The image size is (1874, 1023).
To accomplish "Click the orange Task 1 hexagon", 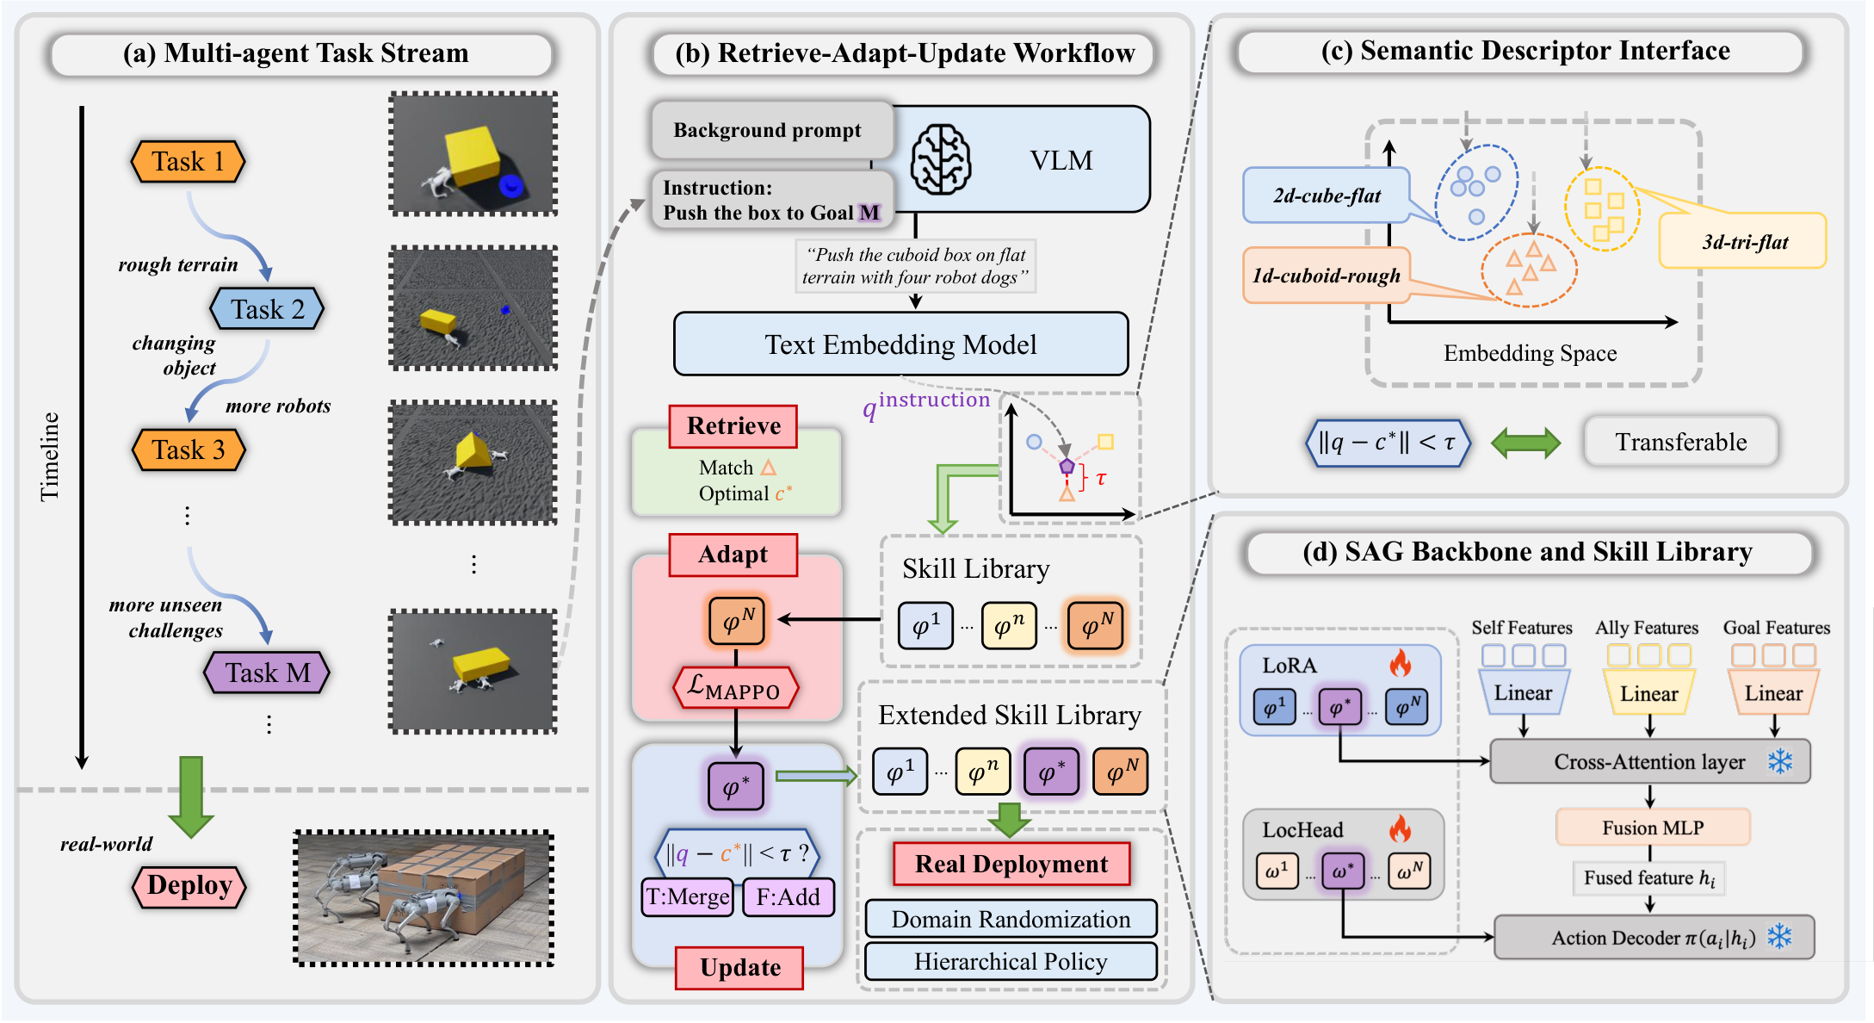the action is pyautogui.click(x=188, y=161).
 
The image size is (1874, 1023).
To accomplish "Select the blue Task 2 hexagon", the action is pyautogui.click(x=267, y=309).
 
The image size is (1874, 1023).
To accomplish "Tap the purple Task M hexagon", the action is pyautogui.click(x=267, y=673).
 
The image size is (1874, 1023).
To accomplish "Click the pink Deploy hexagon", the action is pyautogui.click(x=189, y=886).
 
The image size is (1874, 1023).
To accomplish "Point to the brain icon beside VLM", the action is pyautogui.click(x=941, y=159).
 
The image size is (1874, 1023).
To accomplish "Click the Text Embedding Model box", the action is pyautogui.click(x=900, y=344).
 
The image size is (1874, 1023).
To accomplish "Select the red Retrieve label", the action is pyautogui.click(x=733, y=426).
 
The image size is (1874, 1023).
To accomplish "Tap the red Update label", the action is pyautogui.click(x=740, y=968).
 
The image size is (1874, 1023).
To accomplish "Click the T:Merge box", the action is pyautogui.click(x=688, y=897).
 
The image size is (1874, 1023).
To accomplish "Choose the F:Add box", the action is pyautogui.click(x=789, y=897).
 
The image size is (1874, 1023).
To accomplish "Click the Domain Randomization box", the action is pyautogui.click(x=1011, y=919).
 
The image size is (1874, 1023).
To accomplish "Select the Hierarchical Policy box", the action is pyautogui.click(x=1011, y=961).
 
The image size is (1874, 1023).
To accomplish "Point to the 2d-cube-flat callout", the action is pyautogui.click(x=1327, y=195).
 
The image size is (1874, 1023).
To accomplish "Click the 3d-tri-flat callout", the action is pyautogui.click(x=1744, y=241).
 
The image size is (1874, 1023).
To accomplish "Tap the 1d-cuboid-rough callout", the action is pyautogui.click(x=1327, y=276).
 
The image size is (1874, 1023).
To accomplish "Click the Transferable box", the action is pyautogui.click(x=1681, y=442).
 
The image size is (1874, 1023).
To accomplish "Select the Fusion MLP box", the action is pyautogui.click(x=1653, y=828).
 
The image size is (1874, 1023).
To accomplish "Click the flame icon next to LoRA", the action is pyautogui.click(x=1401, y=664).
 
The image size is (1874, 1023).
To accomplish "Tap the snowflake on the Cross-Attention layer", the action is pyautogui.click(x=1780, y=761).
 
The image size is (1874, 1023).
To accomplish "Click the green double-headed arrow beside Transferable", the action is pyautogui.click(x=1525, y=443).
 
